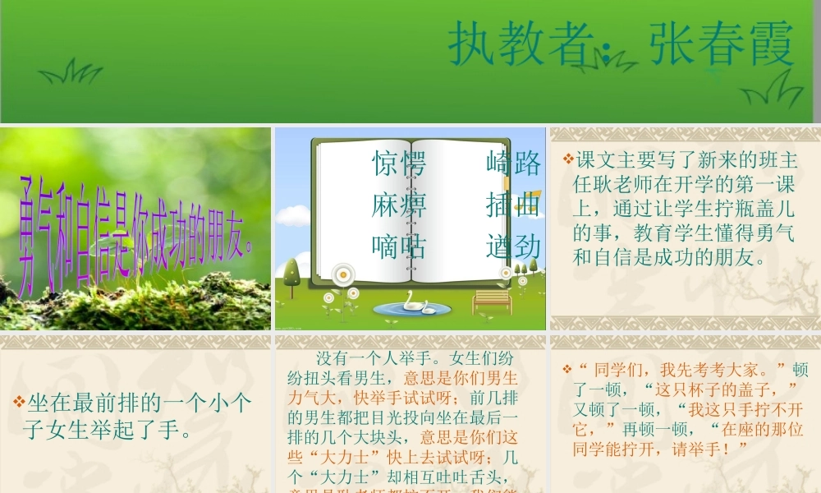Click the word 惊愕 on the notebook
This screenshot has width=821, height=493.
399,164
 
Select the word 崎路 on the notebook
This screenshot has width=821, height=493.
513,164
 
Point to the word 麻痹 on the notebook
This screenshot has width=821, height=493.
399,204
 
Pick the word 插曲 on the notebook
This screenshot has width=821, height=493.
513,204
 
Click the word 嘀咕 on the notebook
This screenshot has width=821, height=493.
399,246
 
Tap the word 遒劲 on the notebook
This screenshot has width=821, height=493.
513,246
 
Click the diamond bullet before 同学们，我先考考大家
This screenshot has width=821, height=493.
567,369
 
